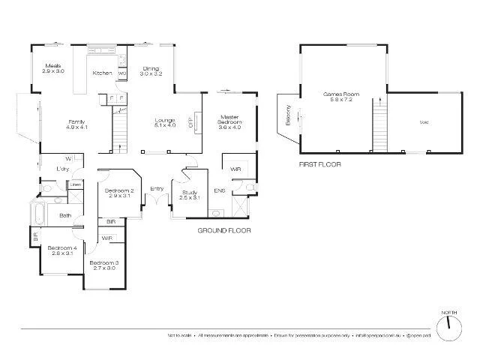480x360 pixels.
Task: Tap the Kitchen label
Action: [102, 73]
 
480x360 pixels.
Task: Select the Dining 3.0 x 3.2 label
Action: [151, 72]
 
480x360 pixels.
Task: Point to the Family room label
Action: [76, 124]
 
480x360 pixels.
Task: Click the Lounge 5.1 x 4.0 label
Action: [164, 123]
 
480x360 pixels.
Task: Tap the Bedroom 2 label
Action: [119, 193]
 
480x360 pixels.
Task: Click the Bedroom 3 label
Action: [104, 265]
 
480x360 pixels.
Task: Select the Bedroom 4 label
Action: [62, 250]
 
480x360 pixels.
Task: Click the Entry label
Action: [157, 188]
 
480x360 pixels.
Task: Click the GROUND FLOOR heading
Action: [223, 231]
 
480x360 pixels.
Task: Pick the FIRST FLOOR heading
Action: [319, 162]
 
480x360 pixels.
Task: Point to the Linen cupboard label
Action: [76, 184]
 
